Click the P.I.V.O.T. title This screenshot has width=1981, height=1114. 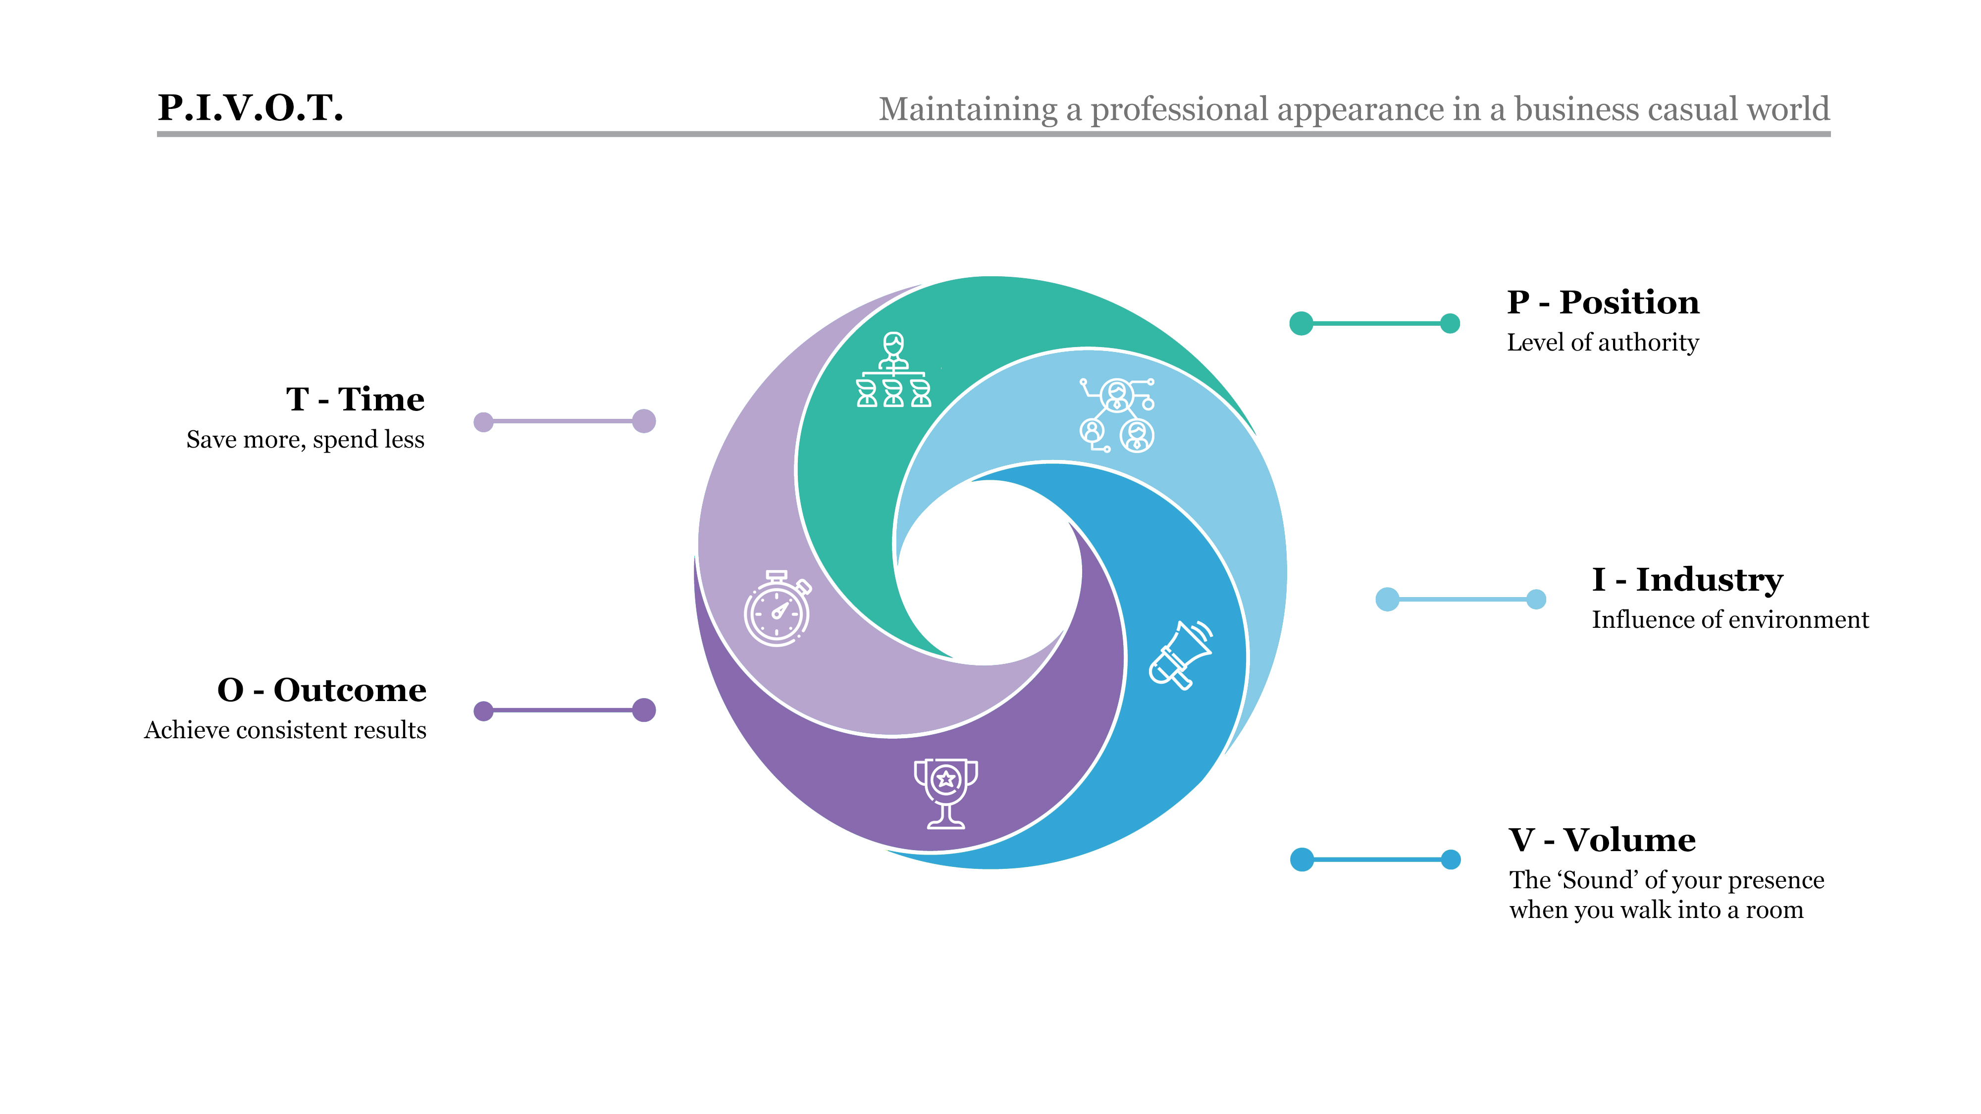(x=250, y=107)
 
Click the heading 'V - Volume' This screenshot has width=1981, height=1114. (x=1601, y=840)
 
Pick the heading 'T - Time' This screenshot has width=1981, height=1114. (x=355, y=399)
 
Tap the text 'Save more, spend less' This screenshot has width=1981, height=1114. (x=305, y=440)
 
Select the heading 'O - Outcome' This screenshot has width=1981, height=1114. (x=321, y=690)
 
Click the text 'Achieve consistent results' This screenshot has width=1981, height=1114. (x=285, y=730)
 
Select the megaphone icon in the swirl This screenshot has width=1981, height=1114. (x=1181, y=656)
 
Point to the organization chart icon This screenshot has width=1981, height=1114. (x=893, y=370)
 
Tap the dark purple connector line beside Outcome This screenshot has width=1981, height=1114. (x=564, y=710)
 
